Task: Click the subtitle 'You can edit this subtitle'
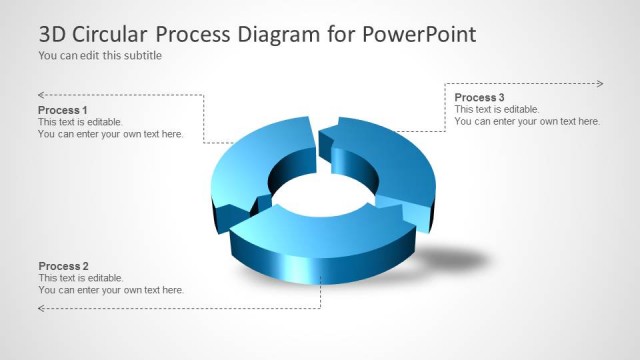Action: coord(100,56)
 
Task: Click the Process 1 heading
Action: coord(63,110)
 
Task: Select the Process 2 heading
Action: coord(63,266)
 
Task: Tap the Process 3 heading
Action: coord(480,97)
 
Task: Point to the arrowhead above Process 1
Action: coord(41,95)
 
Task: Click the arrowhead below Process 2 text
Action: coord(41,309)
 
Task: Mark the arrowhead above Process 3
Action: coord(599,83)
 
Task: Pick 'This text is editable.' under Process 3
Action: coord(497,109)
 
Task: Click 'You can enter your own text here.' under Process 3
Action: coord(527,121)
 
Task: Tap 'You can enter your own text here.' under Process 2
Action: coord(111,290)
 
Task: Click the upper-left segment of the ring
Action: coord(255,160)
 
